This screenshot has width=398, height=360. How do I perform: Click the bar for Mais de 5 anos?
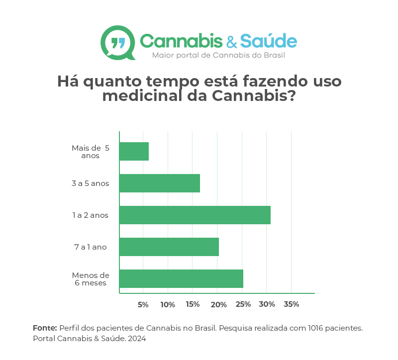tap(134, 151)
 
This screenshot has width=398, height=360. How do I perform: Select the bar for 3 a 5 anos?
tap(159, 183)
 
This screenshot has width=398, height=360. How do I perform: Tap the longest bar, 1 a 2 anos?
tap(195, 215)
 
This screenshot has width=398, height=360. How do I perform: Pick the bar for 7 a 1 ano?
tap(169, 247)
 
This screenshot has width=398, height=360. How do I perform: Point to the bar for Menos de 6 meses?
tap(181, 278)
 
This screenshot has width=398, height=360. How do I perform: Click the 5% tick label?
tap(143, 304)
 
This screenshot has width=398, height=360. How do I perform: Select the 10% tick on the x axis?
tap(168, 304)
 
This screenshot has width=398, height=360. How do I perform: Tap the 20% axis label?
tap(218, 304)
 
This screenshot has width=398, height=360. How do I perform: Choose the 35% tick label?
tap(291, 304)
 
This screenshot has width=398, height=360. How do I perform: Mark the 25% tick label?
tap(243, 304)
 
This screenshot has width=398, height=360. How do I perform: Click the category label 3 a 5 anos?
tap(90, 183)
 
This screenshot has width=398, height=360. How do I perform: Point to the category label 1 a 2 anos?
tap(90, 215)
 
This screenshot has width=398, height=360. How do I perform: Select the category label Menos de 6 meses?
tap(91, 279)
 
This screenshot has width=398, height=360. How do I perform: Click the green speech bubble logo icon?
tap(118, 43)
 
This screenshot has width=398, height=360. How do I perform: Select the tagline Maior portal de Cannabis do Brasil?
tap(218, 55)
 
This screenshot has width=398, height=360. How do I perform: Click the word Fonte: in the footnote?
tap(45, 328)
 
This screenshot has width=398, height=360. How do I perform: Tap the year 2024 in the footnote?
tap(136, 339)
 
